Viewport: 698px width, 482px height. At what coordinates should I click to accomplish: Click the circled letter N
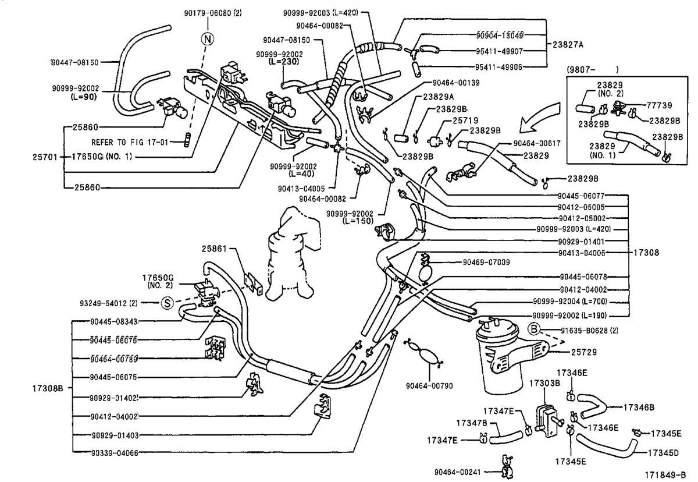[207, 39]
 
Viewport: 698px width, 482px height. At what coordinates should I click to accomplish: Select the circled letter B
[533, 330]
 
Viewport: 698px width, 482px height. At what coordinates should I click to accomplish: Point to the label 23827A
[567, 44]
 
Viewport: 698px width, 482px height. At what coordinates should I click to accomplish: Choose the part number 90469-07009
[486, 263]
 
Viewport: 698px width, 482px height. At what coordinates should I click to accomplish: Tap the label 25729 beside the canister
[584, 353]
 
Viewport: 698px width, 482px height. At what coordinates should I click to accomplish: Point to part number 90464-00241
[457, 472]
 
